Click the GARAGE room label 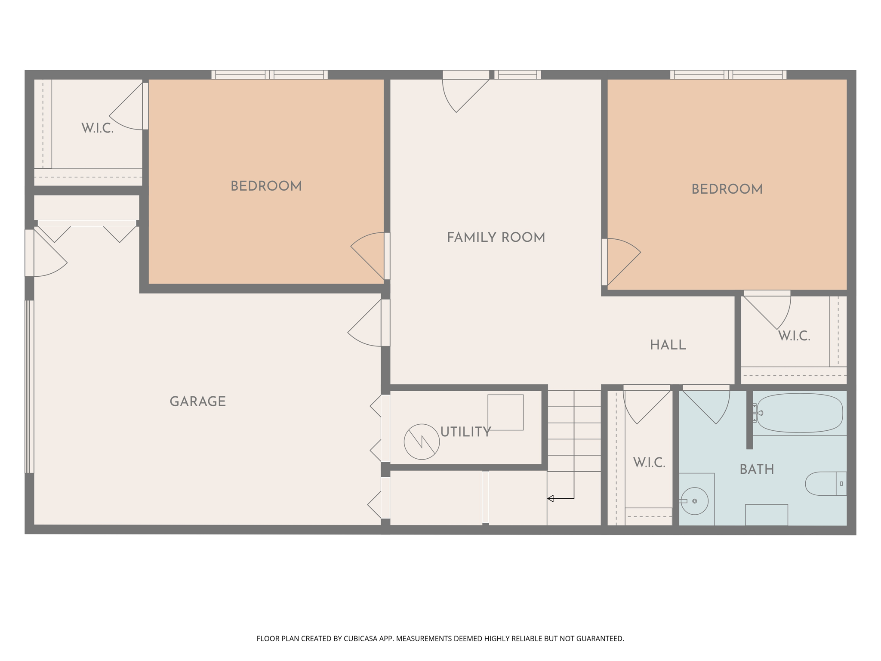tap(197, 402)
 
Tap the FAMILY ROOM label tap(496, 238)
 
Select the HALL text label tap(668, 345)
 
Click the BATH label tap(757, 469)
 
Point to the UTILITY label tap(465, 432)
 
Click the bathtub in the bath tap(800, 413)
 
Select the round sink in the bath tap(694, 501)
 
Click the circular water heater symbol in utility tap(422, 442)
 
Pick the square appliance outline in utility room tap(505, 412)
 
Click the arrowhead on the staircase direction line tap(550, 499)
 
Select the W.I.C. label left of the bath tap(649, 463)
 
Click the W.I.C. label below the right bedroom tap(794, 336)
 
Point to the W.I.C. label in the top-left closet tap(97, 128)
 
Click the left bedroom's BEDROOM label tap(266, 186)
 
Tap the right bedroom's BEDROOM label tap(727, 189)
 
